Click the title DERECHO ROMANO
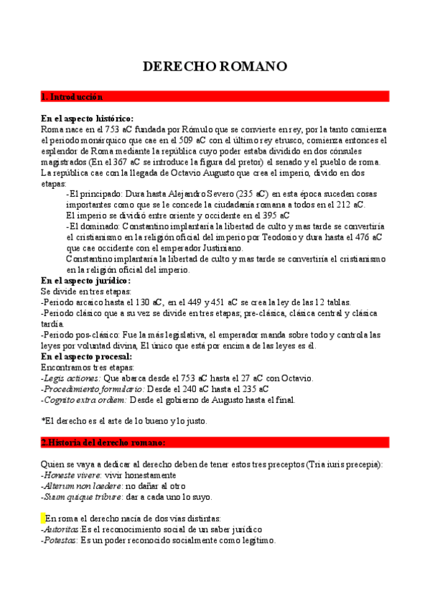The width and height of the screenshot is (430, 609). [215, 67]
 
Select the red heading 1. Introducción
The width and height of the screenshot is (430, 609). [73, 96]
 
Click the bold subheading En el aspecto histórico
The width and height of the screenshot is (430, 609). [87, 118]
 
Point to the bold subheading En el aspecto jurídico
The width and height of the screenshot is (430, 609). [85, 281]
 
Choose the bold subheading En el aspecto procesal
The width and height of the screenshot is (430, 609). [86, 356]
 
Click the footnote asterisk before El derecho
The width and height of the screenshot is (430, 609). [43, 421]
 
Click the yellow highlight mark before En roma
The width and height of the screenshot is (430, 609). [42, 518]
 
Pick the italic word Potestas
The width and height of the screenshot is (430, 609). [60, 540]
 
